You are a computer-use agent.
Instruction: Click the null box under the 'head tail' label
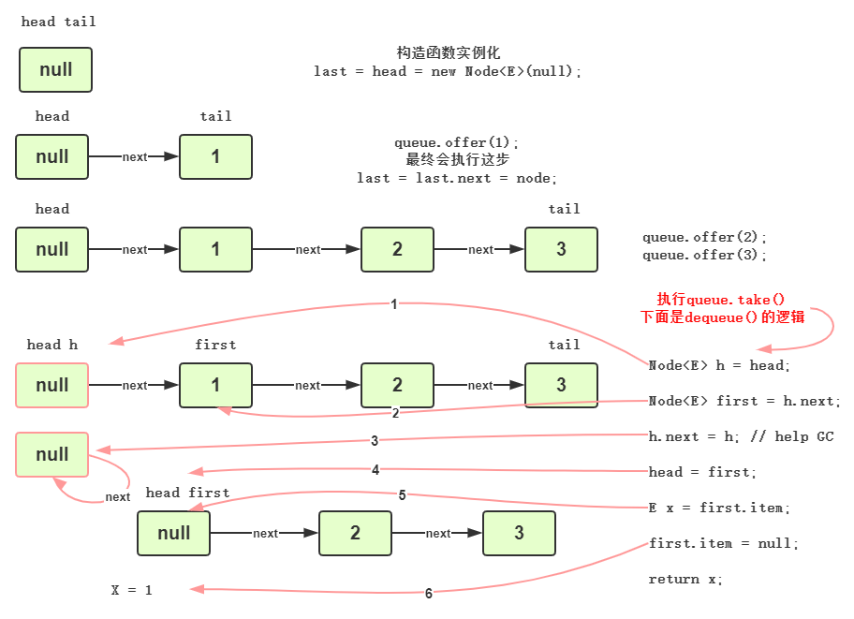(x=55, y=70)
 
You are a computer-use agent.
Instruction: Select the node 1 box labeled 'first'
(x=215, y=385)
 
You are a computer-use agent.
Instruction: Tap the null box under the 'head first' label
(x=173, y=533)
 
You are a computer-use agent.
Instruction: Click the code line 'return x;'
(x=685, y=579)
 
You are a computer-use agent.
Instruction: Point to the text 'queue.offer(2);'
(x=704, y=238)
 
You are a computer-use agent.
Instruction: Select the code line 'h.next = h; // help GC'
(x=740, y=436)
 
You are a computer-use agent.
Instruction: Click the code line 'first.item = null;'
(x=724, y=543)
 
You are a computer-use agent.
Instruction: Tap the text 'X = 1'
(x=131, y=590)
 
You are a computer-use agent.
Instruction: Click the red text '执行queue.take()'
(x=721, y=299)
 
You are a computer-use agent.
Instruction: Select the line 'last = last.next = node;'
(x=456, y=178)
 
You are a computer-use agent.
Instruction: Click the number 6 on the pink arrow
(x=429, y=593)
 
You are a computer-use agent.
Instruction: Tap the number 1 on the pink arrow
(x=393, y=304)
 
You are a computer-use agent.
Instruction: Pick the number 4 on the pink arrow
(x=375, y=470)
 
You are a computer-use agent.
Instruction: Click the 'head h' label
(x=52, y=345)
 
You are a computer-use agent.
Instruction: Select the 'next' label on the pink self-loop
(x=118, y=497)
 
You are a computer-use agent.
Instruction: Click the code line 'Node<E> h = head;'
(x=719, y=365)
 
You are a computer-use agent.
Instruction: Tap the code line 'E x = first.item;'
(x=719, y=508)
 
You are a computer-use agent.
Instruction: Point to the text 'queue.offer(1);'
(x=456, y=143)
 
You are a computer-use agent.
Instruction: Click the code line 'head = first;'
(x=702, y=472)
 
